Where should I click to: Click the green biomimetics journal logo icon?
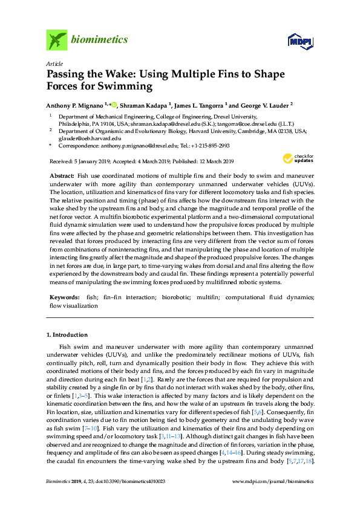pyautogui.click(x=56, y=40)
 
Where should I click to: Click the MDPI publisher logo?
pyautogui.click(x=298, y=41)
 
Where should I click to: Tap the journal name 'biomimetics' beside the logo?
pyautogui.click(x=100, y=40)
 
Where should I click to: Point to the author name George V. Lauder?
pyautogui.click(x=263, y=104)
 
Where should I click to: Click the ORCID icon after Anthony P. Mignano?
pyautogui.click(x=114, y=103)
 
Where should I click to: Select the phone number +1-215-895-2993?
pyautogui.click(x=208, y=146)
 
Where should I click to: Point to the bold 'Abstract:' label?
pyautogui.click(x=62, y=174)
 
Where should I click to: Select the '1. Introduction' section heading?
pyautogui.click(x=67, y=334)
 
